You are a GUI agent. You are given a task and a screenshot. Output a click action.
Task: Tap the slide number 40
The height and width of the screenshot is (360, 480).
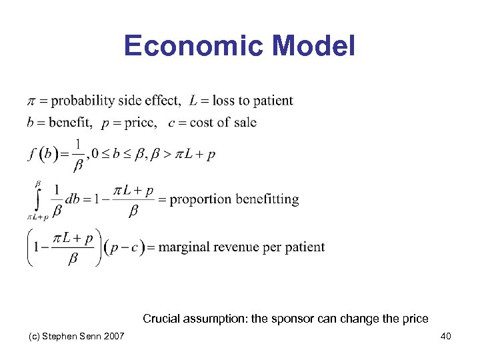tap(445, 336)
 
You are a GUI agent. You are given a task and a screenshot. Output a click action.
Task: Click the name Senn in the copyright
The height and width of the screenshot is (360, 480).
tap(88, 336)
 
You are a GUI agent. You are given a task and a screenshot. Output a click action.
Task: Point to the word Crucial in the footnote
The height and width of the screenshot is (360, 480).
tap(161, 319)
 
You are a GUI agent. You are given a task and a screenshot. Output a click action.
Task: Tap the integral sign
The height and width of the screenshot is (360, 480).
tap(37, 198)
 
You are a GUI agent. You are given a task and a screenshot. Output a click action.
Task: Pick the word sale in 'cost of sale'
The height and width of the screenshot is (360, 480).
tap(244, 122)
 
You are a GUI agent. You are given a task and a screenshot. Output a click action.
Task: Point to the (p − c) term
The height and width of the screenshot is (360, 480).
tap(124, 247)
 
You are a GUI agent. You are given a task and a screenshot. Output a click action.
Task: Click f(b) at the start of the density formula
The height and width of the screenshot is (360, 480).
tap(41, 154)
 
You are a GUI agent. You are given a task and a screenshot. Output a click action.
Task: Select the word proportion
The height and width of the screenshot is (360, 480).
tap(200, 199)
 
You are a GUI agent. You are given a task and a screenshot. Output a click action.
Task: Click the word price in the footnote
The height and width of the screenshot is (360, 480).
tap(414, 319)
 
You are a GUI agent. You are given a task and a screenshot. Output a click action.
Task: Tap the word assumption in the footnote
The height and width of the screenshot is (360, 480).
tap(215, 319)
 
